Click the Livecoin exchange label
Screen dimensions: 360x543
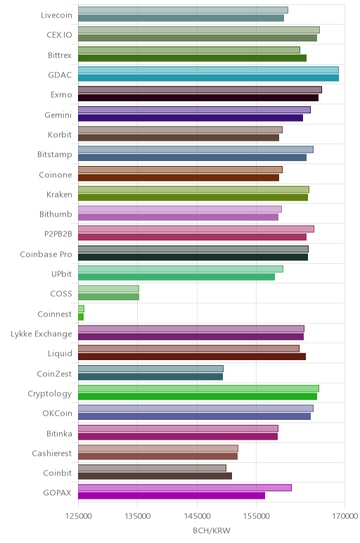(56, 15)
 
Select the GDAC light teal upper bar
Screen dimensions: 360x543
(208, 70)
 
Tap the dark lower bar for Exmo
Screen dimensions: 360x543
(198, 98)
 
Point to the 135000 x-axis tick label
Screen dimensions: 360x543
(137, 516)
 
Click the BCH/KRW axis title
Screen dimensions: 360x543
(212, 530)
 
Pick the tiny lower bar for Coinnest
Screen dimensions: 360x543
(81, 317)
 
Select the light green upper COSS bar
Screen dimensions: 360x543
(109, 289)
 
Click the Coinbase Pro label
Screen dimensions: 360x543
(46, 254)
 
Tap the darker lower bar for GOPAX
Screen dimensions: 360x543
(172, 496)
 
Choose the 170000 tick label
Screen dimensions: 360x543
(345, 516)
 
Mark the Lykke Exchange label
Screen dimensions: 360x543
(41, 334)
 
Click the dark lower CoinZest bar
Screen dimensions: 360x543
(150, 376)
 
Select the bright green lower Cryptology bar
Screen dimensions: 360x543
(198, 397)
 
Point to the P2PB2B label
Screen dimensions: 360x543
(58, 234)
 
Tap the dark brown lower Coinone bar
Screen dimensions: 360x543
(179, 178)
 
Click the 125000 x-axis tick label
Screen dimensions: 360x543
(79, 516)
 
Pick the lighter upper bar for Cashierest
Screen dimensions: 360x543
(158, 448)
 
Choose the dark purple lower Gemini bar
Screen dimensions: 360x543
(191, 117)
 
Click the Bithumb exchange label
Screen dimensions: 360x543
(56, 214)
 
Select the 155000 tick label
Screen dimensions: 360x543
(257, 516)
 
